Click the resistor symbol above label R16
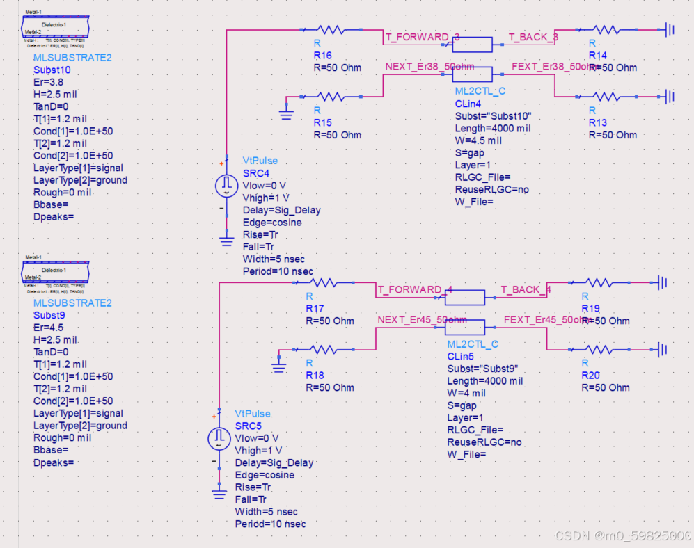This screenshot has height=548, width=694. [330, 30]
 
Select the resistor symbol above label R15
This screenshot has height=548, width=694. [330, 97]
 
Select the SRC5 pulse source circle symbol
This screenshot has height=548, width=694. [219, 437]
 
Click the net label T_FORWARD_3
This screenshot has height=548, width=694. [422, 37]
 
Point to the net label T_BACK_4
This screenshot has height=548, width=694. [526, 290]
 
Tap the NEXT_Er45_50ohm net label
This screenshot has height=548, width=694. [422, 320]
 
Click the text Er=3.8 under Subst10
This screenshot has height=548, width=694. [49, 82]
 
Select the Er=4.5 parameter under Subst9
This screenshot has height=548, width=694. [49, 328]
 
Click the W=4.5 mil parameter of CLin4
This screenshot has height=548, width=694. [479, 140]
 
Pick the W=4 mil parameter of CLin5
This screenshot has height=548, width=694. [466, 394]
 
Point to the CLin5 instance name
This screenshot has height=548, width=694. [461, 356]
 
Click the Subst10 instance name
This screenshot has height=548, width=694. [52, 70]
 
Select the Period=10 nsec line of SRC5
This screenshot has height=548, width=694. [270, 524]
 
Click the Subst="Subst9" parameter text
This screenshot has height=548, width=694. [482, 369]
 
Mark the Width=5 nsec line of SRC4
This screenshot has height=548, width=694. [274, 259]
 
